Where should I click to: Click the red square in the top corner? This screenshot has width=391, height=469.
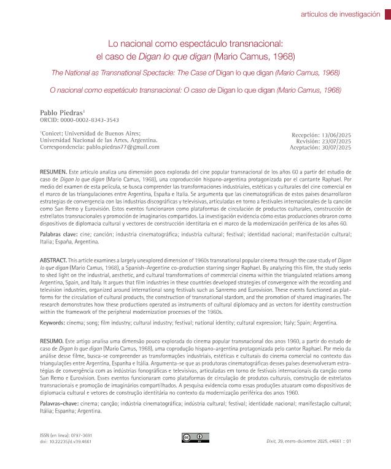coord(387,15)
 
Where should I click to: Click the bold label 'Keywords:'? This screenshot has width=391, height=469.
coord(56,322)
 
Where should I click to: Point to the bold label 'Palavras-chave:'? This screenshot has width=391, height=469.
coord(62,404)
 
